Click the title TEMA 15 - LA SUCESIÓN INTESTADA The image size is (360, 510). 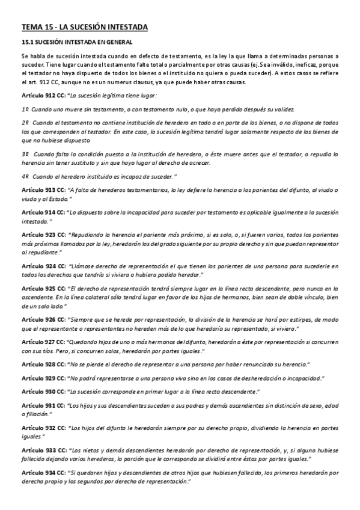click(84, 26)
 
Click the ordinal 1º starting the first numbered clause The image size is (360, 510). click(25, 109)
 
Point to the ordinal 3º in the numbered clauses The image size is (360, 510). click(25, 154)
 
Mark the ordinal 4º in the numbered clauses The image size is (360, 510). click(25, 177)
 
